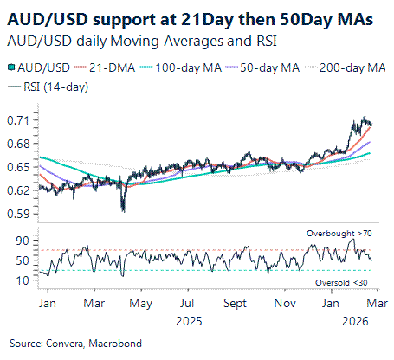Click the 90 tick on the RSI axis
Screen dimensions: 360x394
point(23,240)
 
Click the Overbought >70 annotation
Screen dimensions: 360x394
point(340,234)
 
